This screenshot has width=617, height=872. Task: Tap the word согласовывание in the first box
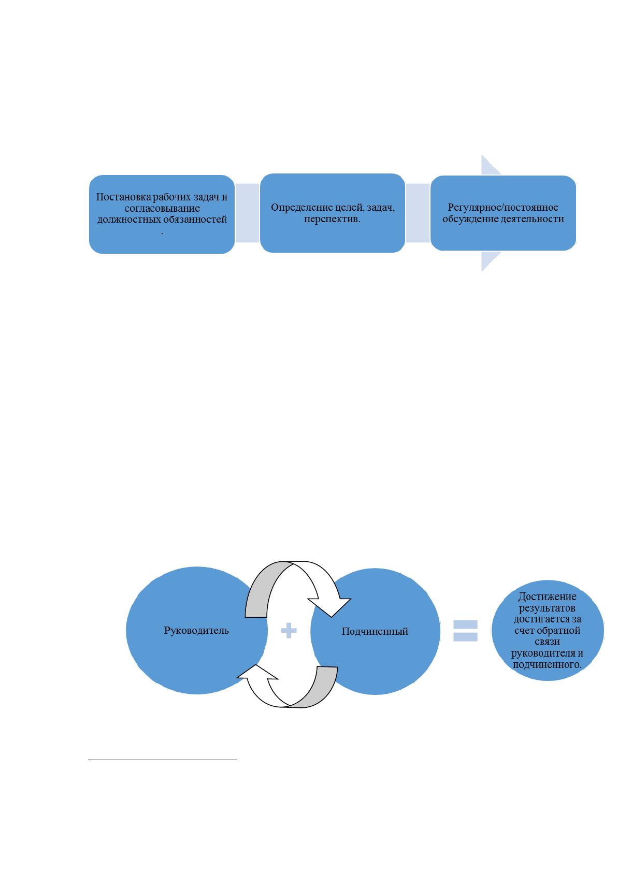(162, 209)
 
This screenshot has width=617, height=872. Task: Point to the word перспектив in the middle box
(331, 219)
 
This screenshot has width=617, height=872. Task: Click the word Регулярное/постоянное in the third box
(503, 208)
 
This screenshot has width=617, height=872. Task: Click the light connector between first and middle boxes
(247, 213)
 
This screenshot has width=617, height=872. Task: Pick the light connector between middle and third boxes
(418, 213)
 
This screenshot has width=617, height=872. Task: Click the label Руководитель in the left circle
(196, 630)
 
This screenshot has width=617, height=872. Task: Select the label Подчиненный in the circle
(375, 631)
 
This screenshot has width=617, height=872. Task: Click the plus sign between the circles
(289, 630)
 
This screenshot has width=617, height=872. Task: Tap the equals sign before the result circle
(466, 631)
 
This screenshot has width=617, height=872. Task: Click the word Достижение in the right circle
(547, 597)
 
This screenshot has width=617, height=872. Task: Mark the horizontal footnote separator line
(163, 759)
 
